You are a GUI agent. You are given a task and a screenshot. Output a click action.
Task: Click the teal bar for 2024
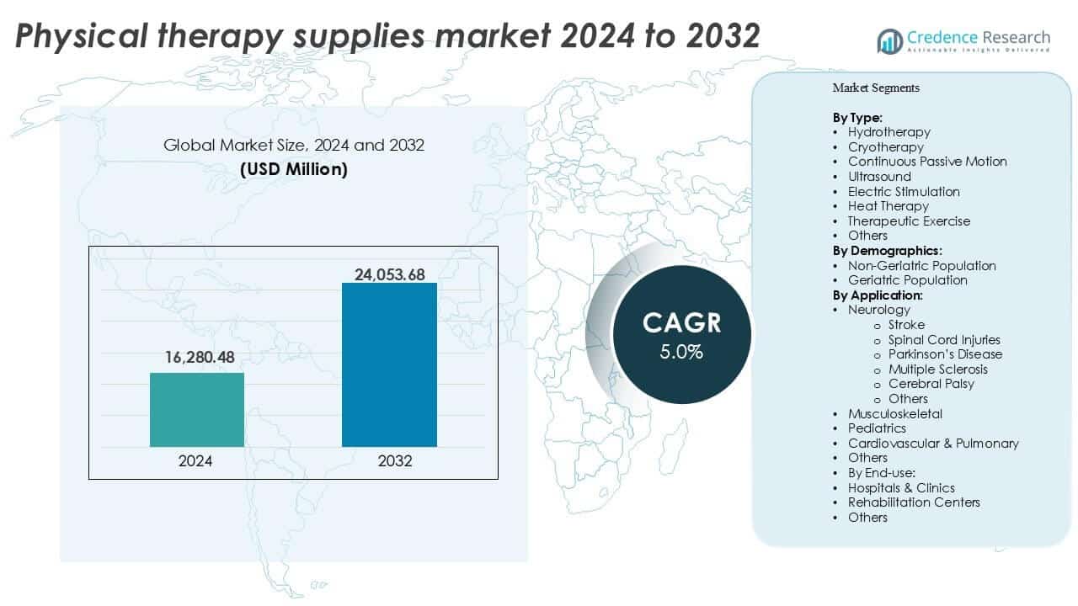tap(197, 410)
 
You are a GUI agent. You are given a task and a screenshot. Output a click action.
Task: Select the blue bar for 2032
tap(389, 365)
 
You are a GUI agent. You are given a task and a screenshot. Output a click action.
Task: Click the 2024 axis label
tap(196, 462)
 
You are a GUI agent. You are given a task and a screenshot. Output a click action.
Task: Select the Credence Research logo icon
tap(889, 40)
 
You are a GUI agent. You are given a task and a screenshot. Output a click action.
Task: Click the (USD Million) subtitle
tap(294, 169)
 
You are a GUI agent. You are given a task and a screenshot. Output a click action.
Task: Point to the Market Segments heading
tap(876, 88)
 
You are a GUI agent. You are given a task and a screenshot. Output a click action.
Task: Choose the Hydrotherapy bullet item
tap(889, 132)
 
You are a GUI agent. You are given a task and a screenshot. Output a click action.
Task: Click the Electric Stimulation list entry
tap(904, 192)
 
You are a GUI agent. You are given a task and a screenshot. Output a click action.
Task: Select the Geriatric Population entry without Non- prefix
tap(908, 280)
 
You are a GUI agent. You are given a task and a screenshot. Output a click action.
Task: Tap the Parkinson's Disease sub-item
tap(945, 354)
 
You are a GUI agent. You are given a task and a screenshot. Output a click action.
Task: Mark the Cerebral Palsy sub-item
tap(931, 384)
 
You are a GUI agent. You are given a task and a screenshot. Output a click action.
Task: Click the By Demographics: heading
tap(887, 251)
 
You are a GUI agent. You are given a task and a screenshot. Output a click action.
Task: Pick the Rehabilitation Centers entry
tap(914, 502)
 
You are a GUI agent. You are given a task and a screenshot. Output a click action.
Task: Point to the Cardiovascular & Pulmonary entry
tap(933, 444)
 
